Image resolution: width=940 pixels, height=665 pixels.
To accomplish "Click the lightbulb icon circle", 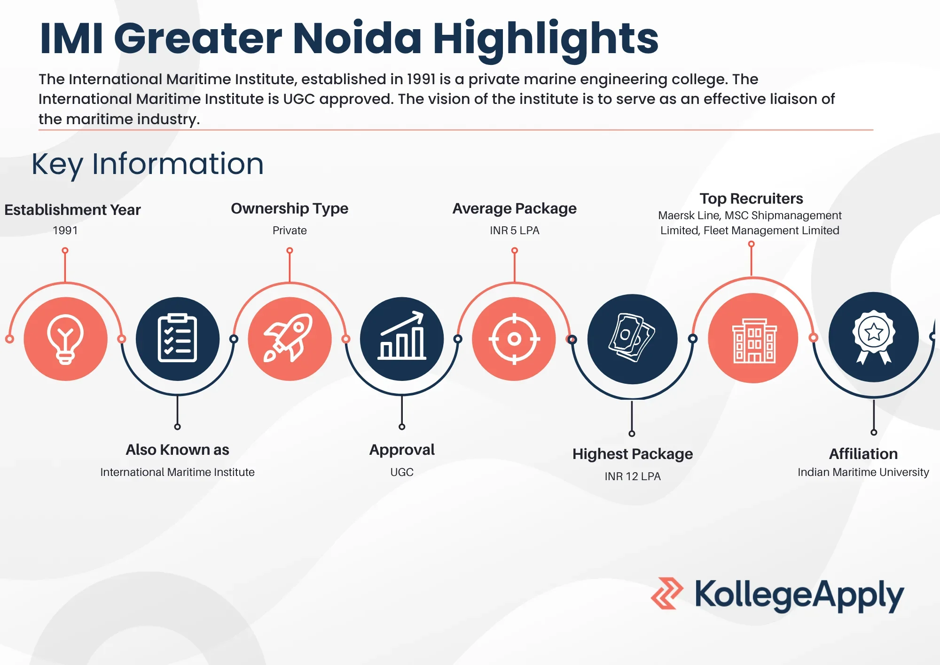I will (x=65, y=339).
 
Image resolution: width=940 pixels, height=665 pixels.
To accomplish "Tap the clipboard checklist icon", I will (x=177, y=339).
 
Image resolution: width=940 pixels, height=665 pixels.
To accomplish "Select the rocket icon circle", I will (x=290, y=339).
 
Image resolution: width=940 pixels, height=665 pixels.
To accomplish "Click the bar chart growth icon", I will (x=402, y=339).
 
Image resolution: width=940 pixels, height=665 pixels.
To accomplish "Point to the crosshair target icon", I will (x=514, y=339).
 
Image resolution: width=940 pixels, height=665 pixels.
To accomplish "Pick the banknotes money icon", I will (x=632, y=339).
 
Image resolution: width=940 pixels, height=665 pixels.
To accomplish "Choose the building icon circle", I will (x=753, y=339).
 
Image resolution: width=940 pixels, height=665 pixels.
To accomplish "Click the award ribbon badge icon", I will (x=873, y=337).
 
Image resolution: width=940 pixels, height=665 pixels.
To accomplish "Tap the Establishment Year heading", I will (x=72, y=210).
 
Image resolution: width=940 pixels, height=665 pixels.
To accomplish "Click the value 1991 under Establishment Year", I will (x=65, y=230).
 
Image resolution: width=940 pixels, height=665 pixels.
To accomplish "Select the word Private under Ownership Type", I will (x=290, y=230).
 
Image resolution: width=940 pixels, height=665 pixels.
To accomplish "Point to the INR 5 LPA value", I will (x=514, y=230).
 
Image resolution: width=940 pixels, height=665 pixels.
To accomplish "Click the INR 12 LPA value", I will (x=632, y=476).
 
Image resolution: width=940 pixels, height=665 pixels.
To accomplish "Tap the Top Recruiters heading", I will (x=751, y=198).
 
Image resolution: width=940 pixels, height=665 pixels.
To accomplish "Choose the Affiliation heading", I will (x=863, y=454).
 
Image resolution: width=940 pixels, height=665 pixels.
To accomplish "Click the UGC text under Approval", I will (x=402, y=472).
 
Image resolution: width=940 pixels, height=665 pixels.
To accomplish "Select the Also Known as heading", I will (x=177, y=450).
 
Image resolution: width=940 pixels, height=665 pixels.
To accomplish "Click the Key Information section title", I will (x=148, y=164).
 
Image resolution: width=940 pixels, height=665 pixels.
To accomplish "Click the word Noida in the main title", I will (x=357, y=39).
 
